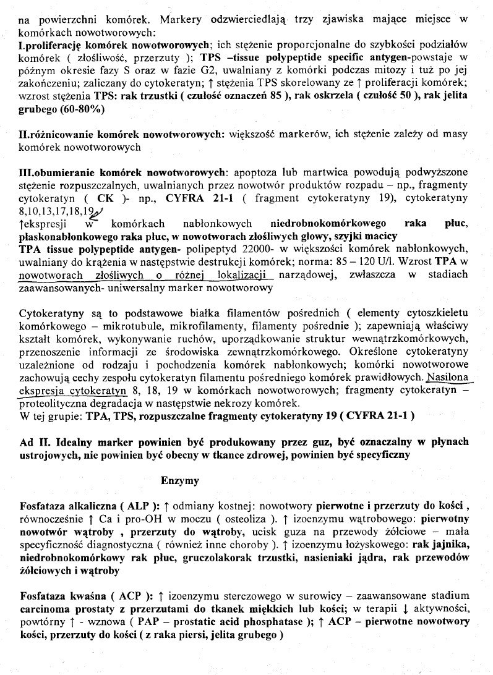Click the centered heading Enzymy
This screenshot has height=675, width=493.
[179, 480]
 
